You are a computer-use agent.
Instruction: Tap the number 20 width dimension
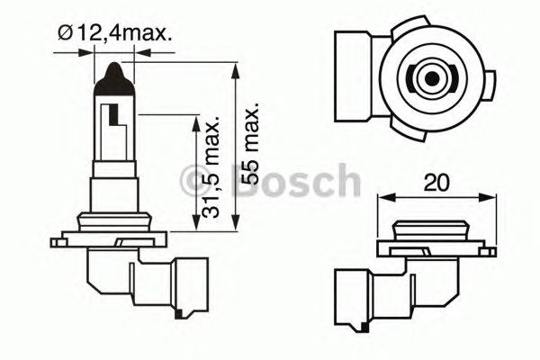coord(437,184)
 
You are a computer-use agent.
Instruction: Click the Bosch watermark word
coord(296,183)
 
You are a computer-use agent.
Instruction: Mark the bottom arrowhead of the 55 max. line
coord(235,227)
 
